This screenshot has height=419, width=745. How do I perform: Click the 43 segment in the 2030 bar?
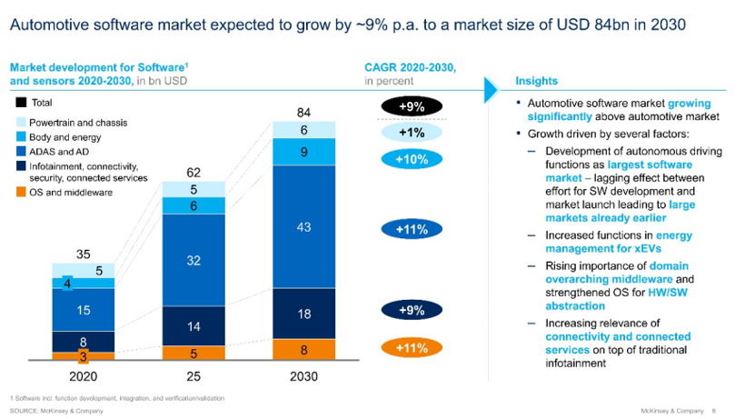tap(304, 226)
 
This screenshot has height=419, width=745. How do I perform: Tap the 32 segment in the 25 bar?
tap(194, 260)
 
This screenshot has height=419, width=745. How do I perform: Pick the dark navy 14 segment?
tap(194, 325)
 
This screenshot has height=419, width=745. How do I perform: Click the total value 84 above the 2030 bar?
tap(304, 112)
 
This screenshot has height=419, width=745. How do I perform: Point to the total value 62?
tap(194, 172)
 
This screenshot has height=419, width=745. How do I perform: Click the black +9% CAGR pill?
tap(411, 106)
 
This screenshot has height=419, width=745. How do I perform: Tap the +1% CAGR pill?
tap(411, 133)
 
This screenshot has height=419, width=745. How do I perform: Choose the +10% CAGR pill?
tap(411, 159)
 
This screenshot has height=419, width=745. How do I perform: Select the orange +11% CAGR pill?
tap(411, 347)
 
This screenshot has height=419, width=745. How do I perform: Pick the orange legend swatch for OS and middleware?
tap(21, 192)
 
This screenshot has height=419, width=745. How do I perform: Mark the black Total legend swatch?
tap(21, 103)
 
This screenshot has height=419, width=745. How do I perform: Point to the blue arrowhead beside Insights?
tap(492, 86)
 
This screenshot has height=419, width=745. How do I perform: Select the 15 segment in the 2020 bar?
tap(83, 310)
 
